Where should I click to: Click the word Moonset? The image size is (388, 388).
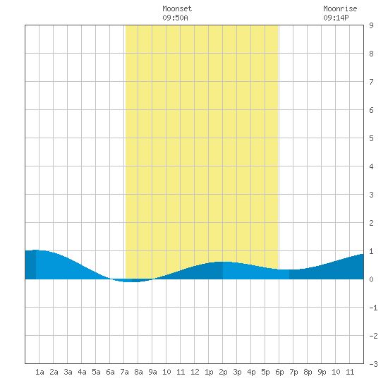click(177, 8)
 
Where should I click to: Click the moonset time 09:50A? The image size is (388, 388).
click(175, 18)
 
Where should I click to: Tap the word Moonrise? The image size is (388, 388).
click(340, 8)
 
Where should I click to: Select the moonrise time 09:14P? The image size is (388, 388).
click(336, 18)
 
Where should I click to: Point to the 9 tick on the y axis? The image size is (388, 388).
click(371, 25)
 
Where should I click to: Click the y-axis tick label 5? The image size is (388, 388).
click(371, 138)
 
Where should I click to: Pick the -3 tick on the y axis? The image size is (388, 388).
click(373, 364)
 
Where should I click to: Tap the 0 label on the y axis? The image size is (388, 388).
click(371, 279)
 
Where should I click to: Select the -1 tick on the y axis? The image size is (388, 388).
click(373, 308)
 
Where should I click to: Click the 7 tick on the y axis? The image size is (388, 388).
click(371, 82)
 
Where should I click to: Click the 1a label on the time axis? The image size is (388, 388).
click(40, 372)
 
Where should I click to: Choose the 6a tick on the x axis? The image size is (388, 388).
click(110, 372)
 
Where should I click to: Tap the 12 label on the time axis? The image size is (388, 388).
click(195, 372)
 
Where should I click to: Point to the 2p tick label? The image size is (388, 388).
click(223, 372)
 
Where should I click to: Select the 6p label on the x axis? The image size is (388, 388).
click(279, 372)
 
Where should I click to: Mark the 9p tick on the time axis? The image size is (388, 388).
click(322, 372)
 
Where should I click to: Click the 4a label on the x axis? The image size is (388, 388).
click(82, 372)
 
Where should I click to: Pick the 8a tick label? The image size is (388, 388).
click(138, 372)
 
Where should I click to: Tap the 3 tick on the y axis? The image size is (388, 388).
click(371, 195)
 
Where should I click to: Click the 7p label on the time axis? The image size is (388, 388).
click(293, 372)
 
